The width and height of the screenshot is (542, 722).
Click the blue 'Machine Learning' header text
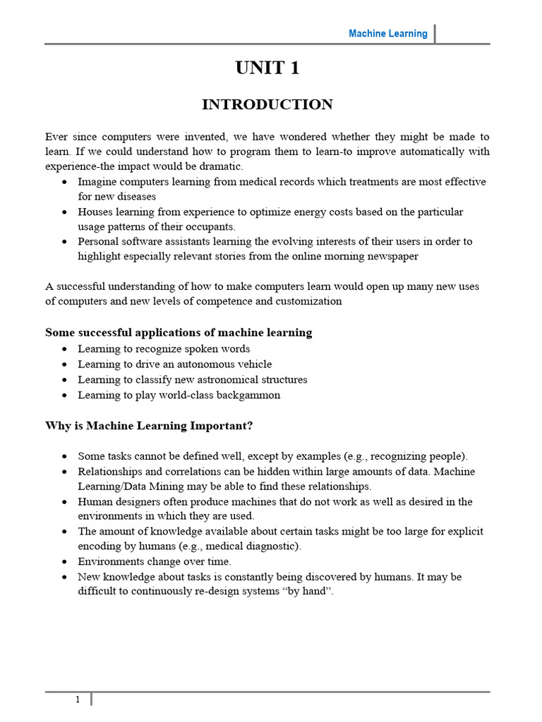click(x=387, y=34)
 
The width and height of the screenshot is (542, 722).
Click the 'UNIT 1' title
click(x=267, y=68)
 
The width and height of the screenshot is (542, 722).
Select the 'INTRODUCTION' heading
click(x=267, y=105)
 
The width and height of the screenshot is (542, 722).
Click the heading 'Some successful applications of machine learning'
click(x=179, y=332)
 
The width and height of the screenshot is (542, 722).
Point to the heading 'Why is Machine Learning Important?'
click(x=149, y=426)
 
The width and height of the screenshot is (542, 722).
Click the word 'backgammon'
click(x=250, y=395)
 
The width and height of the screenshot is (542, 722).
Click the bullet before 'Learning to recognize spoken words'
click(x=65, y=349)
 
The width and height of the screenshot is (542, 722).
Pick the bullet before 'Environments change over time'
click(x=65, y=562)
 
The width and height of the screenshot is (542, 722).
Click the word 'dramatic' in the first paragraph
click(x=221, y=166)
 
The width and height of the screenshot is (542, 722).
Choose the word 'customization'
click(x=309, y=301)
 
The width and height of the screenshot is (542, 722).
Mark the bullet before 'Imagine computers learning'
click(x=65, y=182)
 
